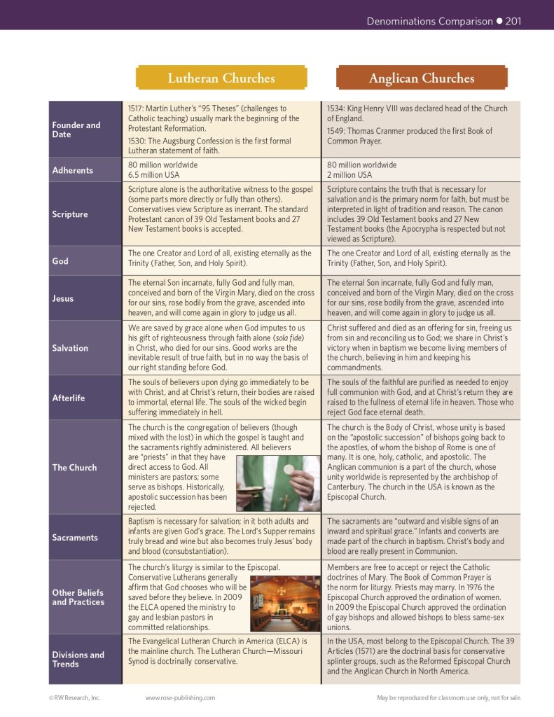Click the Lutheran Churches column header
[x=221, y=78]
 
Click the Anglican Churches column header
[x=421, y=78]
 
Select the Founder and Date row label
[x=76, y=130]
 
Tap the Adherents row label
[x=72, y=170]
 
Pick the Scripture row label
[x=70, y=214]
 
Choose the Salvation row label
[x=70, y=348]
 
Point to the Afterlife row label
[x=69, y=398]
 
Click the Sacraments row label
[x=75, y=538]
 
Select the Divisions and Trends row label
[x=78, y=659]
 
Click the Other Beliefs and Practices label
[x=78, y=597]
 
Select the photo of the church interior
[x=284, y=604]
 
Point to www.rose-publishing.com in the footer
[x=180, y=697]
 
